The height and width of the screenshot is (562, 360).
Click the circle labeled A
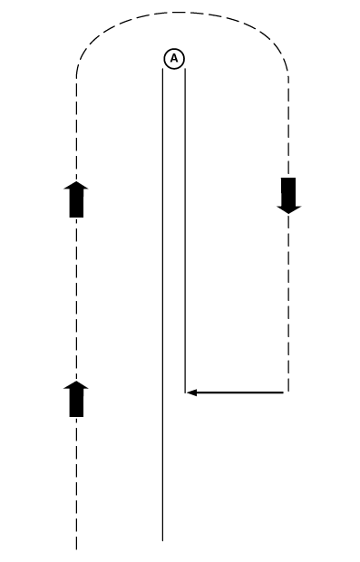coord(174,58)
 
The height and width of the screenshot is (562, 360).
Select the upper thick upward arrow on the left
coord(77,199)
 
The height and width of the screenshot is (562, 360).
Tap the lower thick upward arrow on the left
coord(77,399)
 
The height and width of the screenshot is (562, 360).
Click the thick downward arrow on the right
coord(288,195)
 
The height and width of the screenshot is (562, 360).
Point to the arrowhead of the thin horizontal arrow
coord(191,392)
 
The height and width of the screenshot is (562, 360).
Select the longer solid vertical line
coord(162,308)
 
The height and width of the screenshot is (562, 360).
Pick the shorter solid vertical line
coord(185,227)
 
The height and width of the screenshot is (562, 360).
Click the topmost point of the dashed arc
coord(181,13)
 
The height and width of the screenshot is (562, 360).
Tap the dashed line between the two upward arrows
coord(77,299)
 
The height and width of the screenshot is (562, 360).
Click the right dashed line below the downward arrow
coord(288,299)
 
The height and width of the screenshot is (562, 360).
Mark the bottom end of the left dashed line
coord(77,547)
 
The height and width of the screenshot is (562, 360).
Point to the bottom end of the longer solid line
coord(162,540)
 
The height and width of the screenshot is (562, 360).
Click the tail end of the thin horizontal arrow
coord(284,392)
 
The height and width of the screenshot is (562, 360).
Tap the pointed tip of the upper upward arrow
coord(77,181)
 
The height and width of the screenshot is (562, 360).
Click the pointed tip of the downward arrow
coord(288,213)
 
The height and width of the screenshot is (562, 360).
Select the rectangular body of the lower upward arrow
coord(77,404)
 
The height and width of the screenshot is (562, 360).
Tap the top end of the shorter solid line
coord(185,70)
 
